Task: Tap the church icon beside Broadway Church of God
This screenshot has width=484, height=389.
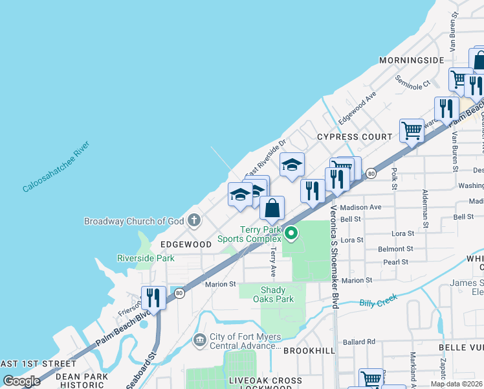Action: (x=193, y=221)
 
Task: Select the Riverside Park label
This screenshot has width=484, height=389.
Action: (x=146, y=258)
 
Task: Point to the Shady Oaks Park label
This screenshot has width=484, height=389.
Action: (x=277, y=294)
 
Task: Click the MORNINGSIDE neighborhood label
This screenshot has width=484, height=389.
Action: (x=412, y=60)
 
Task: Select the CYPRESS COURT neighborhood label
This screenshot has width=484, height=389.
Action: (x=355, y=137)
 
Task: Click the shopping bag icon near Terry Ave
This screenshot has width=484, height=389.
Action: (x=272, y=209)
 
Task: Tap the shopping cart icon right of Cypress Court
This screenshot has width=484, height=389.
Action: (x=412, y=130)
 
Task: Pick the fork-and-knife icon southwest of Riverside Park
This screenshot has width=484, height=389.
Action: (x=153, y=298)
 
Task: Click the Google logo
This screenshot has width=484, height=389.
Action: (x=21, y=381)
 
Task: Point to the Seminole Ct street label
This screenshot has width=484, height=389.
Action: (x=413, y=85)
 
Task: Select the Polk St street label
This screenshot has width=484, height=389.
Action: (x=393, y=179)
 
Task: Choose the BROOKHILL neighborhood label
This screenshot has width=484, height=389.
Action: (x=309, y=350)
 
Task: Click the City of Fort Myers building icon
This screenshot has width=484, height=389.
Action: (x=199, y=338)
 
